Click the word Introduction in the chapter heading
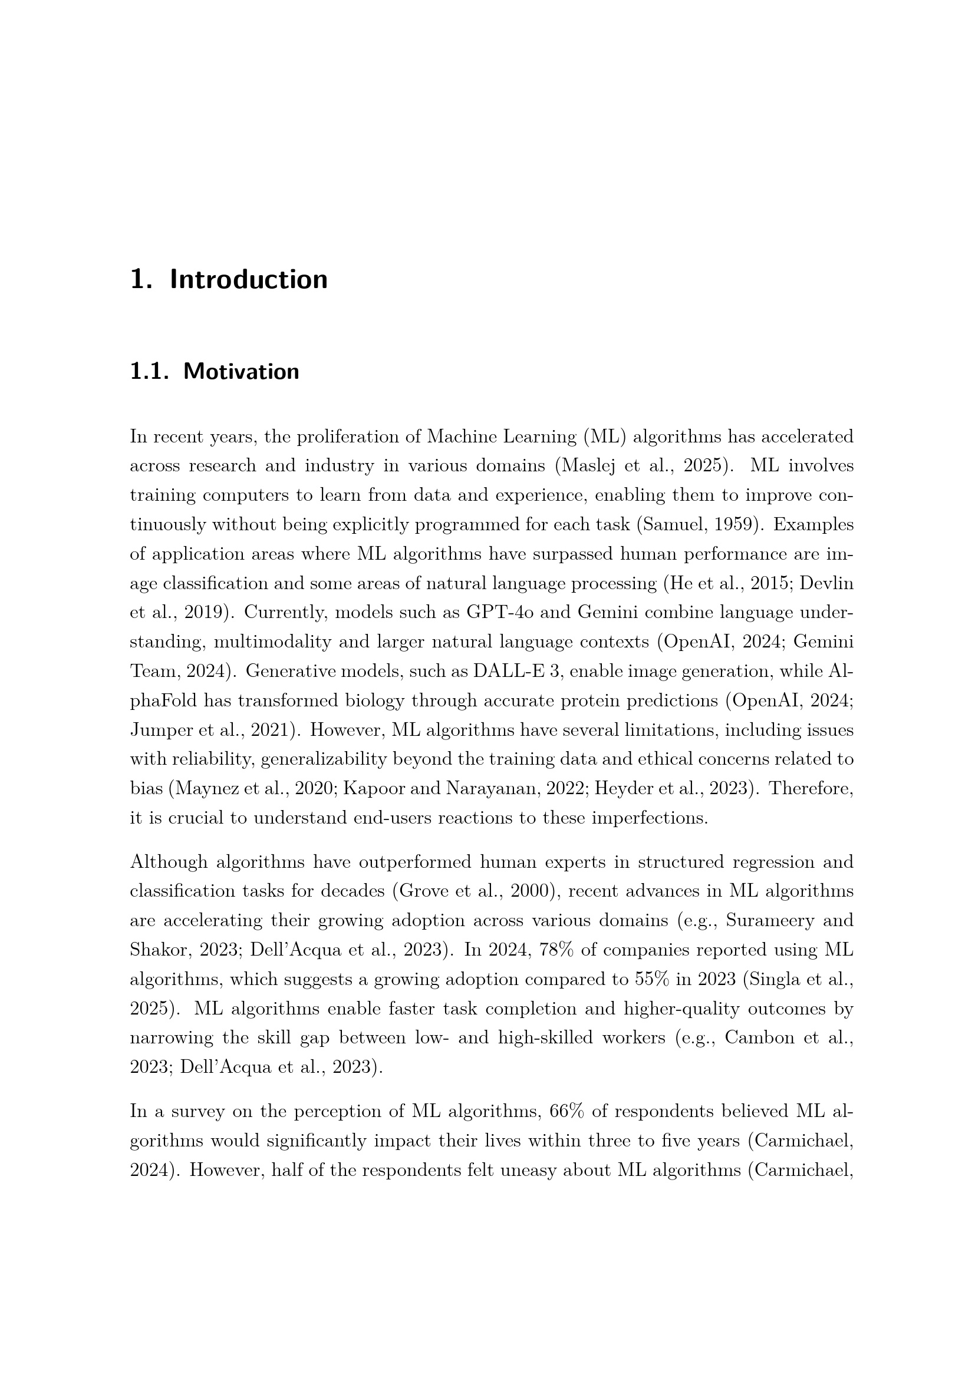pyautogui.click(x=249, y=280)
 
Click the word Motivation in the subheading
pyautogui.click(x=241, y=372)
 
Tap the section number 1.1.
pyautogui.click(x=150, y=372)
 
